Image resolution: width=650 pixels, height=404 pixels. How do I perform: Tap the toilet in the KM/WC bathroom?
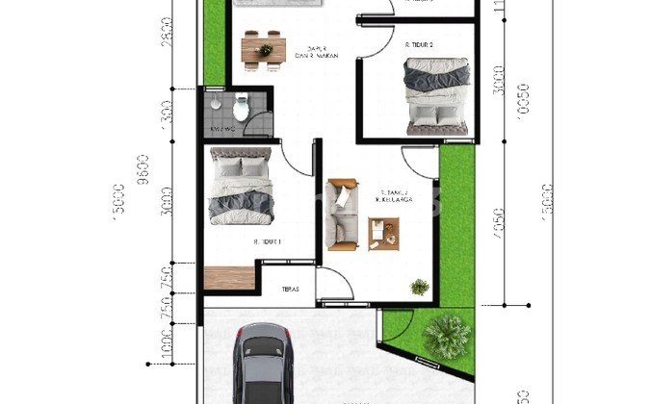point(241,107)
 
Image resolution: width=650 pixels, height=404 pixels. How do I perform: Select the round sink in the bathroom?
point(216,105)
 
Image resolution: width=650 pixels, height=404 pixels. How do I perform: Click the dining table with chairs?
point(263,48)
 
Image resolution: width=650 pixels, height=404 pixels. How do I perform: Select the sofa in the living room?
point(341,214)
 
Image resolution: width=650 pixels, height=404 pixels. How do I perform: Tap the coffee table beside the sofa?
point(383,233)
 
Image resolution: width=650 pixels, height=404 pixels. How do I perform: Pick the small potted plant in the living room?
point(419,286)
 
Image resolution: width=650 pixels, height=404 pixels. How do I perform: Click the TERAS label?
point(290,290)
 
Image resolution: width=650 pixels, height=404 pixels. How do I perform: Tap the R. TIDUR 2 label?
point(418,44)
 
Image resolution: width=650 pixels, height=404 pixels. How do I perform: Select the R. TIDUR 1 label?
point(267,241)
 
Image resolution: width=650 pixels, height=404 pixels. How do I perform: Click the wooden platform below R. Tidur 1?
point(228,277)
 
